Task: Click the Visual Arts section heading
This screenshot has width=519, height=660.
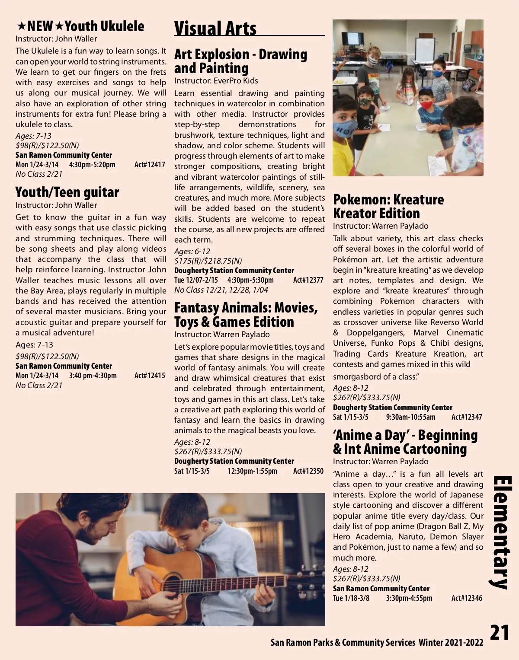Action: [x=215, y=29]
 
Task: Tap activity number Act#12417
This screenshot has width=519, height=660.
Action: [x=150, y=165]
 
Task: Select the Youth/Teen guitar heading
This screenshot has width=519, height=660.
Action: [x=67, y=192]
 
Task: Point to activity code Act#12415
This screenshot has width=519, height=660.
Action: [x=150, y=376]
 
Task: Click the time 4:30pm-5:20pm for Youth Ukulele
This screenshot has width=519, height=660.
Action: [x=92, y=165]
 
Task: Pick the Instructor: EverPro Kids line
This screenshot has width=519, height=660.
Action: [x=216, y=81]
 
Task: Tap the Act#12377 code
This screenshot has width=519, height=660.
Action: [x=308, y=280]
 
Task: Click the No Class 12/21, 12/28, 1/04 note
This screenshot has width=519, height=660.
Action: [x=221, y=290]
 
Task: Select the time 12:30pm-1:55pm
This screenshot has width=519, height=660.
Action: [x=252, y=471]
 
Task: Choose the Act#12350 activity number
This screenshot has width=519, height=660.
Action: [x=308, y=471]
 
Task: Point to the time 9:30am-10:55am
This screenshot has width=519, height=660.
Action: [x=410, y=417]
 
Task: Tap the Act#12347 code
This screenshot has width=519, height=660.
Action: [x=467, y=417]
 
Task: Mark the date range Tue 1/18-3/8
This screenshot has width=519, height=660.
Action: [x=351, y=598]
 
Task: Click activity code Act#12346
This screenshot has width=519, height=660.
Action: [x=467, y=598]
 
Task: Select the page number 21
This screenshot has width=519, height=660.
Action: [x=500, y=633]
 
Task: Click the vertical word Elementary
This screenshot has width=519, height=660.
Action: [x=502, y=532]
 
